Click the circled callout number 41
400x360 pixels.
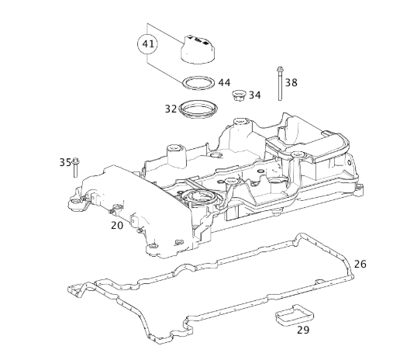pos(148,44)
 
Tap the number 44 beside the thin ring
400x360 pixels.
pos(224,83)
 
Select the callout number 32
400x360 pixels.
pos(171,109)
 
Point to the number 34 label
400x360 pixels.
pos(255,95)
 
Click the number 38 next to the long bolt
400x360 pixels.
pos(291,82)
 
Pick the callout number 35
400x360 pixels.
pos(65,162)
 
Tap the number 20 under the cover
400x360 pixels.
pos(117,226)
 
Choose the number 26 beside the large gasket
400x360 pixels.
pos(360,264)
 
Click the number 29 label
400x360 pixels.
pos(303,330)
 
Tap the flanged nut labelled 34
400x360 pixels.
pos(238,95)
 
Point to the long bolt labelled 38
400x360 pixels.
pos(280,83)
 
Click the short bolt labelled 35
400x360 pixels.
pos(76,168)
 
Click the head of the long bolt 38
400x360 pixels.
pos(280,69)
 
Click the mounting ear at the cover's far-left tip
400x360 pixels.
pos(75,203)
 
